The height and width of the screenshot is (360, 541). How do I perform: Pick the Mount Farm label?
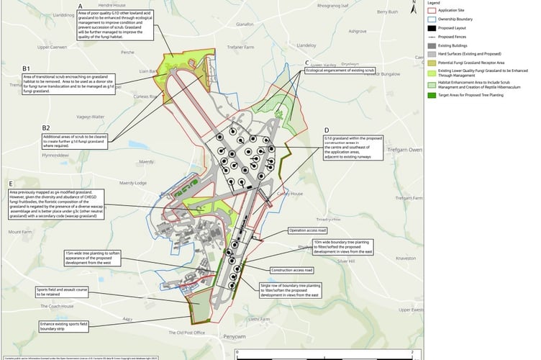click(x=20, y=233)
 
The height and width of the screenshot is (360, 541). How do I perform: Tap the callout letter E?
click(x=11, y=182)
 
